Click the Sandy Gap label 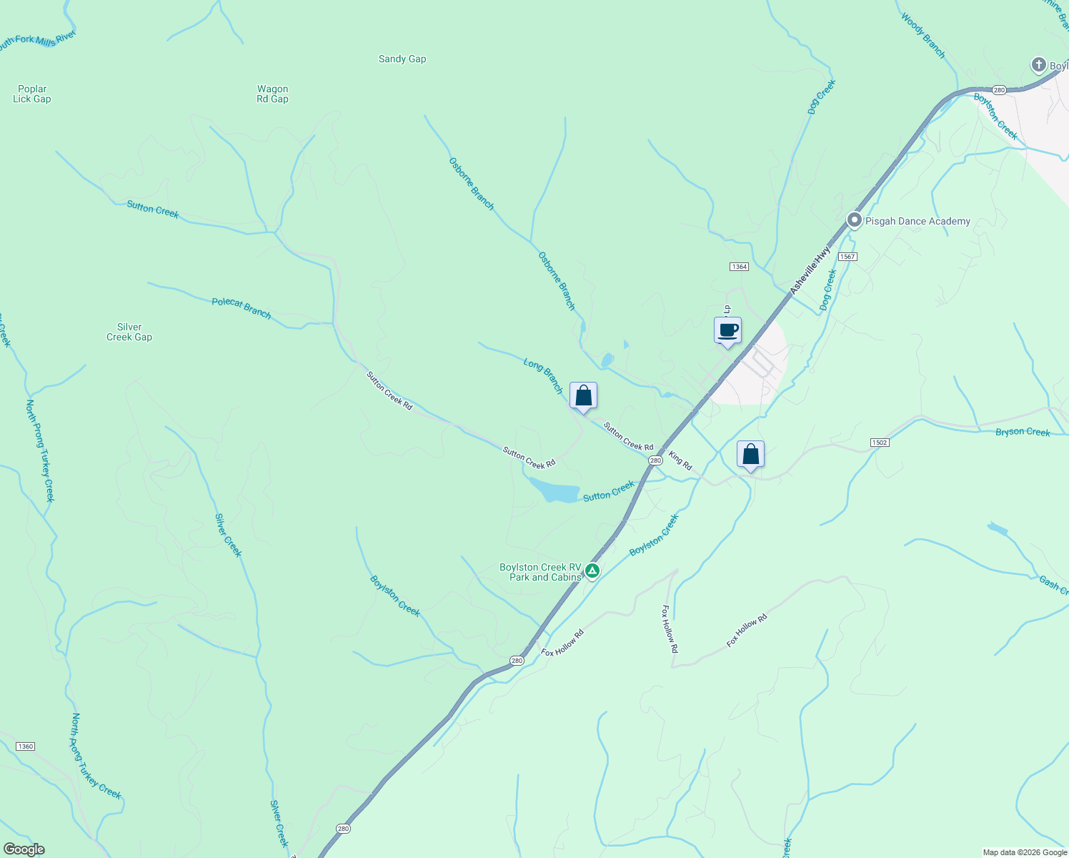point(402,59)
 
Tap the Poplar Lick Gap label point(32,94)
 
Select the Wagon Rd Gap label point(272,94)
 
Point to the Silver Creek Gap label point(129,332)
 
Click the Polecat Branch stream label point(242,308)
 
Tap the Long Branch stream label point(544,376)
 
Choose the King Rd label point(680,460)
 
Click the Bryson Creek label point(1023,432)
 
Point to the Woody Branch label point(923,36)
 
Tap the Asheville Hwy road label point(810,271)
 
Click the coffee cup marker point(727,331)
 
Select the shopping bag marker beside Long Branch point(583,395)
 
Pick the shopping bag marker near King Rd point(750,454)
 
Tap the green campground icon point(592,571)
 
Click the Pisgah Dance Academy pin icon point(854,221)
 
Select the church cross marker point(1038,65)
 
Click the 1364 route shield point(739,267)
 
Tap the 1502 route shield point(880,443)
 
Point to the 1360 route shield point(25,746)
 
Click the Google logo point(24,849)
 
